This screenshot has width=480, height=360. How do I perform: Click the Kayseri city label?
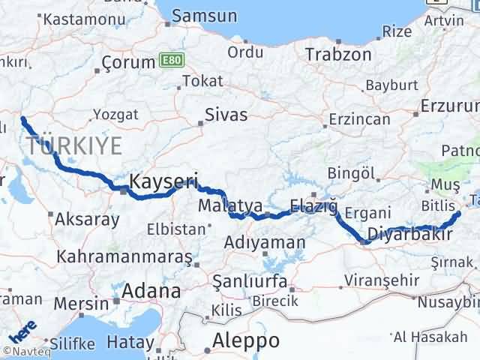pos(163,181)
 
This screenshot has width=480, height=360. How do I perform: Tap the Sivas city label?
pos(228,115)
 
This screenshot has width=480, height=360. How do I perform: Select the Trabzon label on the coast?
pos(338,55)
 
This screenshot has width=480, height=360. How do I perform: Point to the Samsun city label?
pos(205,16)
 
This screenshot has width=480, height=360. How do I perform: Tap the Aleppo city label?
pos(246,340)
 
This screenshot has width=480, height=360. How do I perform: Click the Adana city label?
pos(153,290)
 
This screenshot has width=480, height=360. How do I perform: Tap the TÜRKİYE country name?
pos(73,145)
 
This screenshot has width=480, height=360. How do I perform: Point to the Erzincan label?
pos(360,119)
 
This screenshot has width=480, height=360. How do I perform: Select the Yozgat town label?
pos(115,115)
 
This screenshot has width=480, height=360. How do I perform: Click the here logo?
pos(22,330)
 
